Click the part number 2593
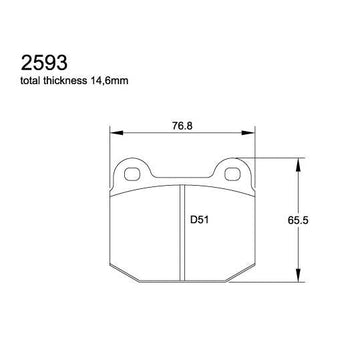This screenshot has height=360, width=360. (44, 63)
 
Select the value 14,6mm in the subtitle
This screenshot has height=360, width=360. (106, 81)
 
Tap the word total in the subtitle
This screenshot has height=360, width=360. (30, 81)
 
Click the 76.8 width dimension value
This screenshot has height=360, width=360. (183, 125)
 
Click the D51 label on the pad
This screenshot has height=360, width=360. (199, 220)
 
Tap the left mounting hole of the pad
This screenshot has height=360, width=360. (132, 174)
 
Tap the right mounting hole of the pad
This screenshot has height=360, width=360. (232, 174)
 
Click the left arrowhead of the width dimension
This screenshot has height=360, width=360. (116, 133)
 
